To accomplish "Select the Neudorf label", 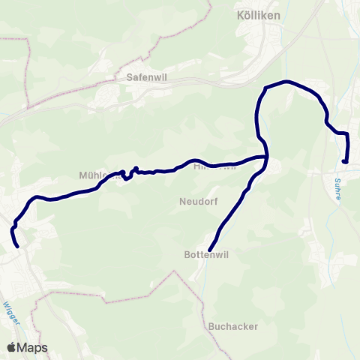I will click(x=198, y=201).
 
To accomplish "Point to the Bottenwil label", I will click(x=205, y=254).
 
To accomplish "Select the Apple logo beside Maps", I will click(x=13, y=347).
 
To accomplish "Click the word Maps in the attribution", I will click(x=34, y=347).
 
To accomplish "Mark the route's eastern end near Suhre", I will click(x=344, y=161).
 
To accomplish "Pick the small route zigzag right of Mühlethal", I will click(x=129, y=175).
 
